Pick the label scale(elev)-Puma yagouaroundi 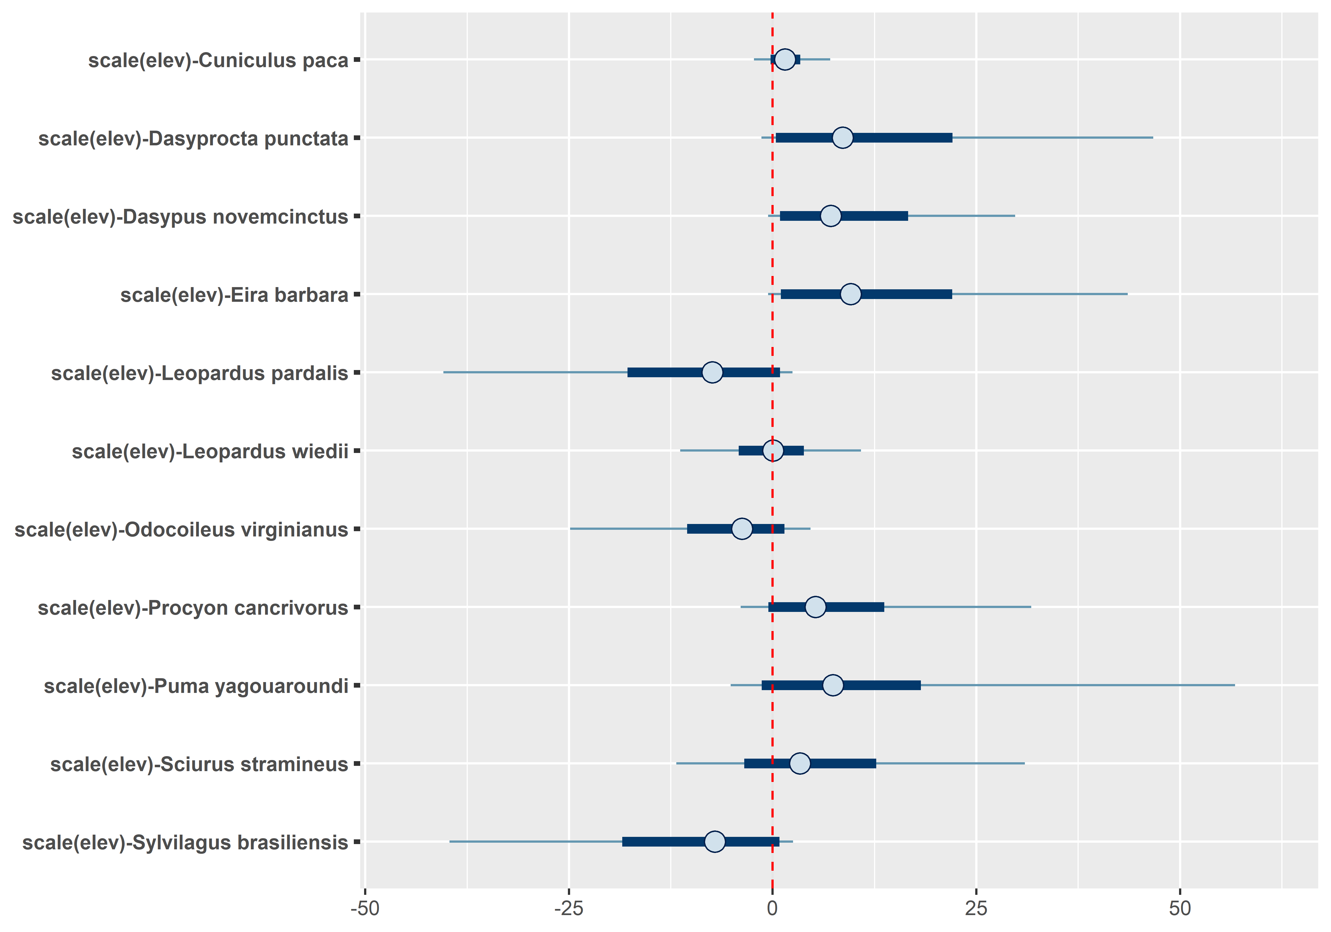pyautogui.click(x=196, y=686)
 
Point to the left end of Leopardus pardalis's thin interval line pyautogui.click(x=444, y=372)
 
